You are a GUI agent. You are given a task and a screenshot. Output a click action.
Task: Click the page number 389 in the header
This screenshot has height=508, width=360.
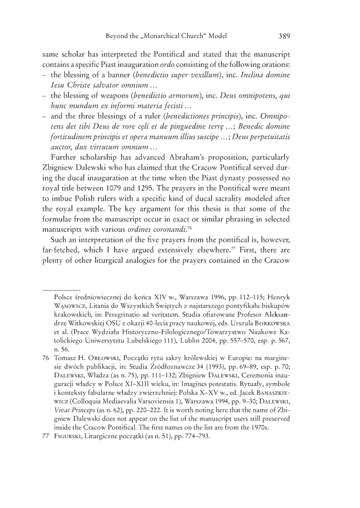tap(286, 37)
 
